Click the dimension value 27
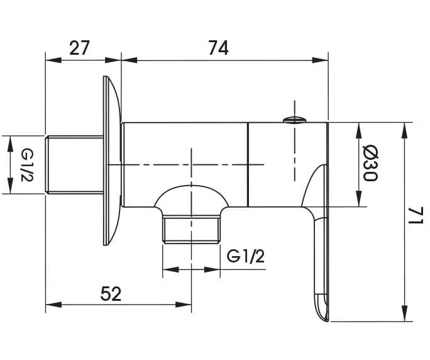(80, 48)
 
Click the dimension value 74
(218, 48)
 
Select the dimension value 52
(111, 293)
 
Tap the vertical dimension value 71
(417, 216)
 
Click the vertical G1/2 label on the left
(27, 165)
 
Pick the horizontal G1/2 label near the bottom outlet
(246, 257)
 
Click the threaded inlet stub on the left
(74, 165)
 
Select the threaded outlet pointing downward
(191, 229)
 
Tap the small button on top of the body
(295, 120)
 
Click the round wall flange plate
(112, 160)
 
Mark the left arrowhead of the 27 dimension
(53, 60)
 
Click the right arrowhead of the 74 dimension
(321, 60)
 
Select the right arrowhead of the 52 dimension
(184, 305)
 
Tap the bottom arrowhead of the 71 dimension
(405, 313)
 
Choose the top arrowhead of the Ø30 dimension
(358, 130)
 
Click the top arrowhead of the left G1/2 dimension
(10, 143)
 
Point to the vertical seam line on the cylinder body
(248, 164)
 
